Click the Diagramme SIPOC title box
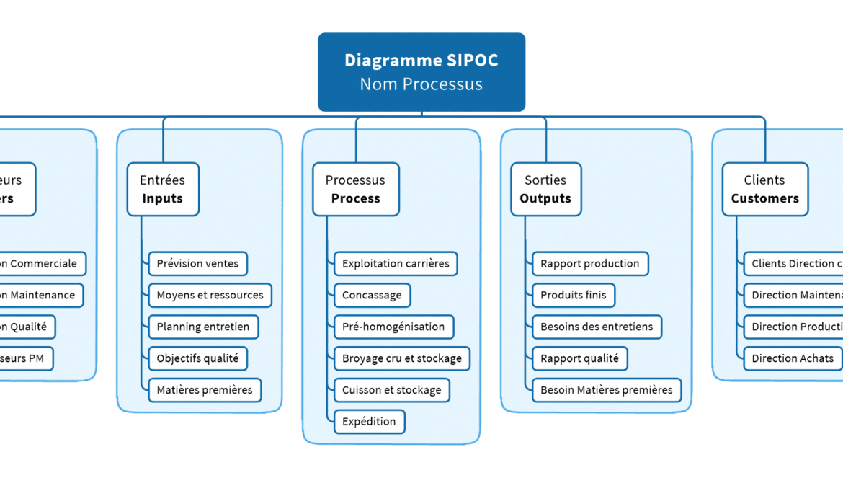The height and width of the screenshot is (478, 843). [x=421, y=72]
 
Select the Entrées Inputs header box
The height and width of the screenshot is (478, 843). [x=163, y=190]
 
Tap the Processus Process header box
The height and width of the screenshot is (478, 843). [x=355, y=190]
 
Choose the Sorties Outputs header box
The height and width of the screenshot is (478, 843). [x=545, y=190]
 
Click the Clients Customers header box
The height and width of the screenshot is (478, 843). [x=764, y=190]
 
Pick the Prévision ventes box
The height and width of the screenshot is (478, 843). [x=197, y=264]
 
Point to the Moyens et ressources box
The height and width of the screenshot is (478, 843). [x=210, y=295]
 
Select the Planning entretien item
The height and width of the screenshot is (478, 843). [x=202, y=327]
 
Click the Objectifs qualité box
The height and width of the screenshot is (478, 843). [x=197, y=358]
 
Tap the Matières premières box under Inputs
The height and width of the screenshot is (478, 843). [x=205, y=390]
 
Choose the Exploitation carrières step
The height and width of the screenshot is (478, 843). [x=396, y=264]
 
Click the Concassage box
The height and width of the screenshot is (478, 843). [x=372, y=295]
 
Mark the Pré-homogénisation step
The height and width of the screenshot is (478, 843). [x=393, y=327]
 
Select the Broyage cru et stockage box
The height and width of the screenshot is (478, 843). [x=402, y=358]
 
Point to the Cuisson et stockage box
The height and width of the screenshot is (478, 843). [x=392, y=390]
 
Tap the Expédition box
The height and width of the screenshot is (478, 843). [x=369, y=422]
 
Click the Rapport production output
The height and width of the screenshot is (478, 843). [x=590, y=264]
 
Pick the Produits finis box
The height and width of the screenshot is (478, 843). [x=574, y=295]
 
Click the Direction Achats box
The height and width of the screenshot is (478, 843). [x=793, y=358]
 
